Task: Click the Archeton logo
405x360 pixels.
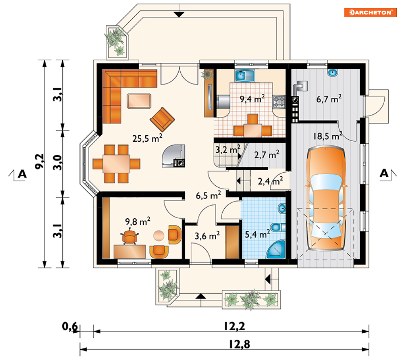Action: (x=370, y=12)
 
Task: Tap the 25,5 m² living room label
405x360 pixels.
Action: (x=147, y=138)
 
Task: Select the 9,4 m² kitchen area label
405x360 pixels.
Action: (x=252, y=99)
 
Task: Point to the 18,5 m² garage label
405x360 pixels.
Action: (x=328, y=136)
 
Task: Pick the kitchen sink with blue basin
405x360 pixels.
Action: (x=244, y=75)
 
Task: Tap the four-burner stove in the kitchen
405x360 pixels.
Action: (x=279, y=101)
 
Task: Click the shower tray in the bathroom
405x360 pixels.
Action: (x=276, y=249)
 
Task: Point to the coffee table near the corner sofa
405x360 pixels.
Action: (x=139, y=101)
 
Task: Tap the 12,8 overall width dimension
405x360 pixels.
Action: (x=239, y=344)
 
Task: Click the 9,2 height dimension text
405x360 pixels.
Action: (x=39, y=162)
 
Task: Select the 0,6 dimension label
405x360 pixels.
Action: (x=70, y=326)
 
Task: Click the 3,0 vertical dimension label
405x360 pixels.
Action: (x=57, y=162)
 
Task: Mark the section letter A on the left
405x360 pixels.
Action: (x=22, y=174)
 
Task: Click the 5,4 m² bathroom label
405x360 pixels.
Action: (x=257, y=234)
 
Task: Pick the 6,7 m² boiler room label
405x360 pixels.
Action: (x=329, y=99)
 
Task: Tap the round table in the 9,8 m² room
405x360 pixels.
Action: (x=159, y=236)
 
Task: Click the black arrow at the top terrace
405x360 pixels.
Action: (x=179, y=15)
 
